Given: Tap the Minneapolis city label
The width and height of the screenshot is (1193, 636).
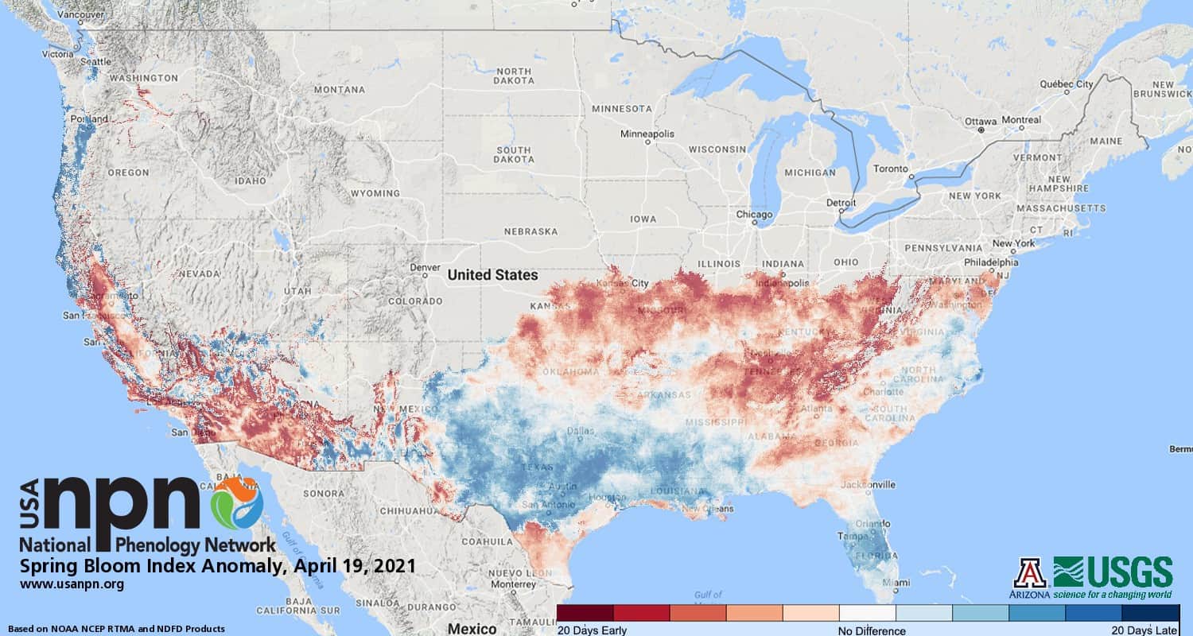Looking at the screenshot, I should pos(647,134).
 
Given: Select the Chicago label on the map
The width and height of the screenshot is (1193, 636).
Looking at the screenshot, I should pos(754,215).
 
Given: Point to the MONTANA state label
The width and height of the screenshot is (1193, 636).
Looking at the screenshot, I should pos(339,90).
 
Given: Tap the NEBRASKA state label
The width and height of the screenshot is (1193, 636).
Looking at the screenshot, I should pos(530,231).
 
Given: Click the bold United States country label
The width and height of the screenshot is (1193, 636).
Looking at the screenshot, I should pos(492,275).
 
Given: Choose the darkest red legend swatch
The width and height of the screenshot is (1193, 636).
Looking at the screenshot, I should pos(585,613).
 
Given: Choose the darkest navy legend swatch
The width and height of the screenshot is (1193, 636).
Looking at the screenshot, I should pos(1150,613).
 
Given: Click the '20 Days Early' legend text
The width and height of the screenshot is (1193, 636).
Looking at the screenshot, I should pos(592,630).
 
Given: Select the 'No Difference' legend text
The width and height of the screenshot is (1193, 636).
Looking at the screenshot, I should pos(872,630).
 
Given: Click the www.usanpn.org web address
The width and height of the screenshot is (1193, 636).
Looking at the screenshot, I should pos(72,584).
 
